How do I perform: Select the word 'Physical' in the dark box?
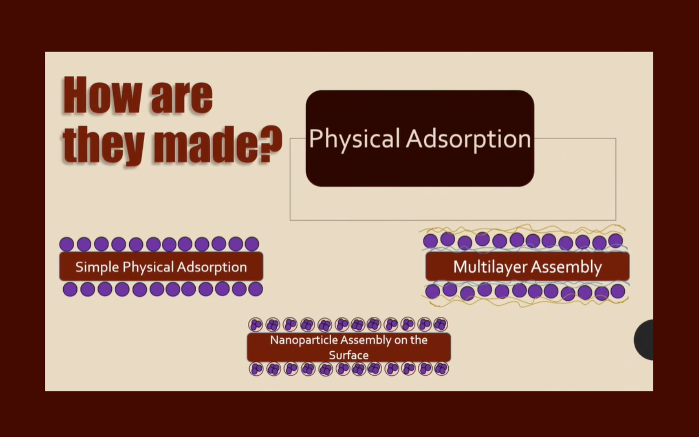click(x=354, y=139)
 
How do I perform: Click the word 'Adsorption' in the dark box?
click(x=468, y=139)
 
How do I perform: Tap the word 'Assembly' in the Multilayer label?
click(x=566, y=267)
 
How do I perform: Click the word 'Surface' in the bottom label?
click(x=349, y=355)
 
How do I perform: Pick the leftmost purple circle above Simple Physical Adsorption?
click(x=66, y=244)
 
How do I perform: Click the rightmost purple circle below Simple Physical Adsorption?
click(x=256, y=289)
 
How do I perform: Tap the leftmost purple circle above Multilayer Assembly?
click(x=430, y=241)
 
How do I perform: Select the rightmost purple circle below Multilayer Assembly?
click(x=618, y=291)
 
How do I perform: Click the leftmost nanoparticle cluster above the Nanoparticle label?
click(x=256, y=325)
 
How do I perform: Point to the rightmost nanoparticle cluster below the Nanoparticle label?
click(x=442, y=369)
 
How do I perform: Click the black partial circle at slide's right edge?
click(x=644, y=340)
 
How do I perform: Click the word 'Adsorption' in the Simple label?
click(x=212, y=267)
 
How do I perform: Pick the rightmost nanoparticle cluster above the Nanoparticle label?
click(x=441, y=325)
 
